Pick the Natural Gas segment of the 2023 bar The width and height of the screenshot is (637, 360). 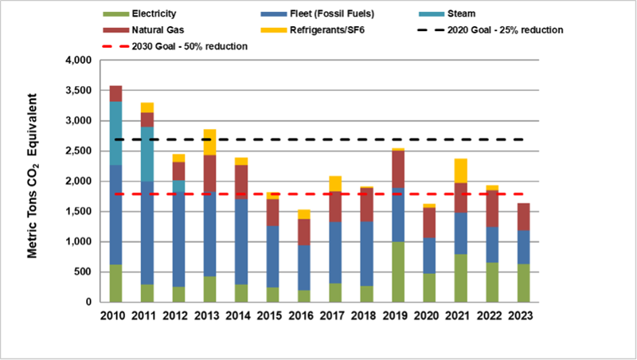(x=522, y=217)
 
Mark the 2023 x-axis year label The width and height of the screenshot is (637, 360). (x=522, y=318)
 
